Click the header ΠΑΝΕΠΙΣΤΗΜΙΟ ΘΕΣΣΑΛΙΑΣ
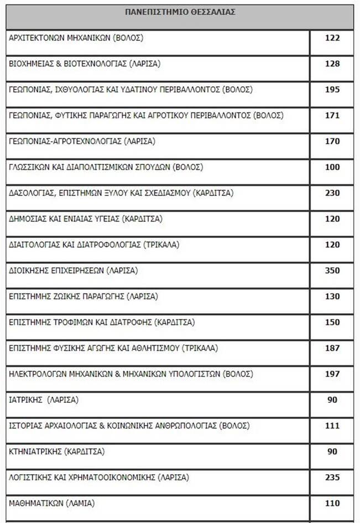point(180,12)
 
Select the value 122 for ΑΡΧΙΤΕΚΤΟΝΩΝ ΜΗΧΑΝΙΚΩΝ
point(332,38)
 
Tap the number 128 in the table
point(332,64)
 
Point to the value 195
point(332,90)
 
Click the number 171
point(332,115)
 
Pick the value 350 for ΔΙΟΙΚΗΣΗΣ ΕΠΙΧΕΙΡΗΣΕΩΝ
point(332,271)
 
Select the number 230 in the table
point(332,193)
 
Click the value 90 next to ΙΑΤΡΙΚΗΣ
point(332,400)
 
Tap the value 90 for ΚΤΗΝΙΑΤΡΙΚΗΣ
point(332,452)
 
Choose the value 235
point(332,477)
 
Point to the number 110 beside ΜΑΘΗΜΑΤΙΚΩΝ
point(332,503)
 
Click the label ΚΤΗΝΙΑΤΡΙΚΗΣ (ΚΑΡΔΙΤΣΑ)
point(57,452)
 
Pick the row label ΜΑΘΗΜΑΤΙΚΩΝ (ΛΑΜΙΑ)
point(52,503)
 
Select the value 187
point(332,348)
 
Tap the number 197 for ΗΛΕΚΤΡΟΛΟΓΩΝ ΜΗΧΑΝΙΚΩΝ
point(332,374)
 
